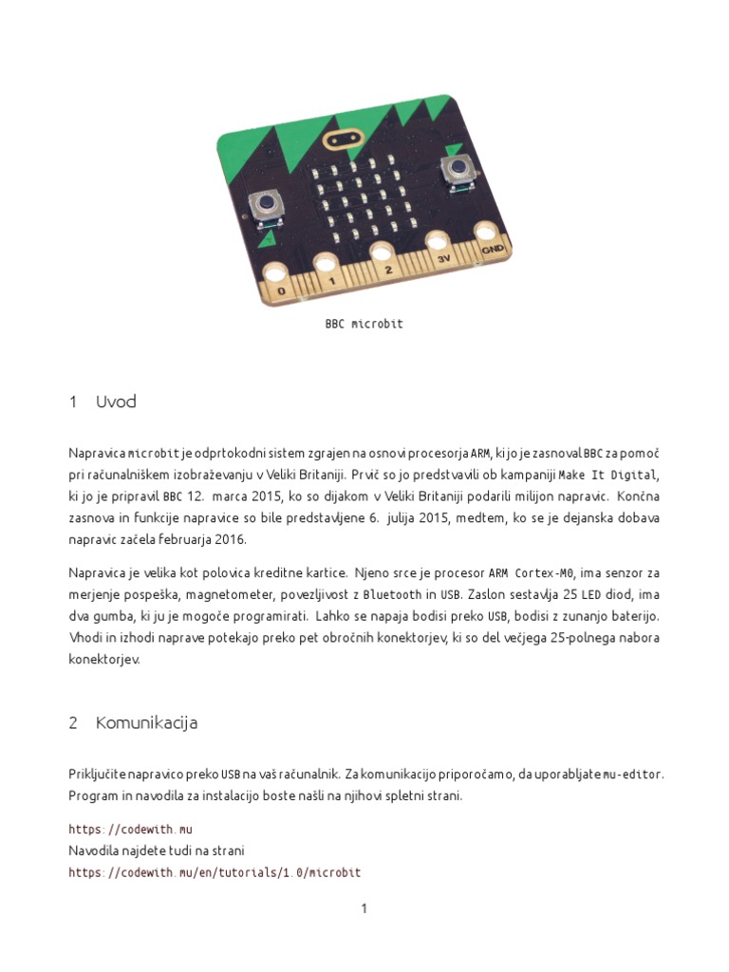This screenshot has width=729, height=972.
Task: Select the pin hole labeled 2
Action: tap(384, 252)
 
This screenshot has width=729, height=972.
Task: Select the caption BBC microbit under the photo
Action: tap(364, 324)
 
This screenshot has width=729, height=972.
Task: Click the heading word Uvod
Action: tap(116, 402)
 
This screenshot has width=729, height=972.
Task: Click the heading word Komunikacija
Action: tap(146, 723)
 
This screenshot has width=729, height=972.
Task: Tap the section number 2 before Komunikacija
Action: tap(73, 723)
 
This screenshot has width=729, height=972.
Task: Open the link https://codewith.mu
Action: tap(130, 830)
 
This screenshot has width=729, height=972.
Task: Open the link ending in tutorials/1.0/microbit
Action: tap(215, 872)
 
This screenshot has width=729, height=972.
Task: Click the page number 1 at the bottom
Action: tap(364, 909)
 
